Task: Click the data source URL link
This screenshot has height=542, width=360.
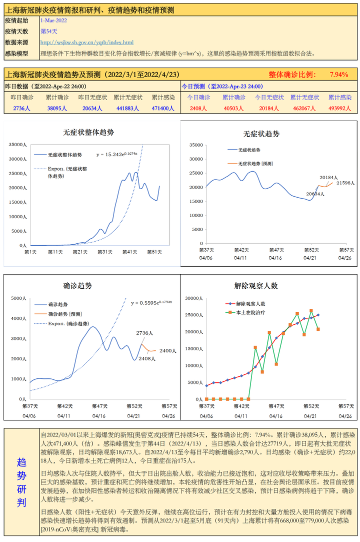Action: point(87,43)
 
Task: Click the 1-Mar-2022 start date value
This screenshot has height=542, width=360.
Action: point(53,21)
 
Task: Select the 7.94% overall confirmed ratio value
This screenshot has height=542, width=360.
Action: point(338,75)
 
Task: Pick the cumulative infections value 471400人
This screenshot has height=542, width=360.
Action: point(163,108)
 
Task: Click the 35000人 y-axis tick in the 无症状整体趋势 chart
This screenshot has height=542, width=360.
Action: point(17,145)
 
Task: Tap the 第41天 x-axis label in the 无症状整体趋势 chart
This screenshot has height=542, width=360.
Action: point(129,252)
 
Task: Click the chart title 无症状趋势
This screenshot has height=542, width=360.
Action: point(261,134)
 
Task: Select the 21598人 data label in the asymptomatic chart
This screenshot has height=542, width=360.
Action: point(345,183)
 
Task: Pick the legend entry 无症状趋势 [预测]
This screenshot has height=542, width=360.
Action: point(255,163)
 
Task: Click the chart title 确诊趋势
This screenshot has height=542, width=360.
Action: point(77,286)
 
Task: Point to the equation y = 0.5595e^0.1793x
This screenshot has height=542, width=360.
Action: point(151,303)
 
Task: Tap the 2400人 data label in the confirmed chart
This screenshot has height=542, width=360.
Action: point(168,351)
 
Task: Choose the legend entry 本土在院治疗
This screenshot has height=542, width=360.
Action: point(250,313)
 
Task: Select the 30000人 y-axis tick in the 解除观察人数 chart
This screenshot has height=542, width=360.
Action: point(193,299)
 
